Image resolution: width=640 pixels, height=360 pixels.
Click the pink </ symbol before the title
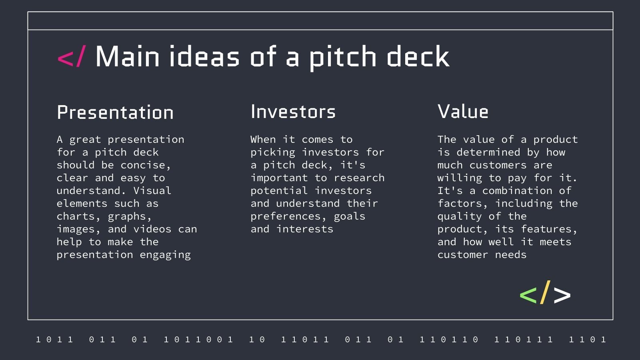pos(71,57)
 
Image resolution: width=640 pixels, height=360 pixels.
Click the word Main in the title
pos(128,57)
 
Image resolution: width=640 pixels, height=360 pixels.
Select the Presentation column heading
pos(115,112)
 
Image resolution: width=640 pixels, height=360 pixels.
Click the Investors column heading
pos(293,112)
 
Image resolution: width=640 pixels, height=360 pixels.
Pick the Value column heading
pos(463,112)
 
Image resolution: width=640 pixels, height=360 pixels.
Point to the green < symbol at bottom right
pos(528,295)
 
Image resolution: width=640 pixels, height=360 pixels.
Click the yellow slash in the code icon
pos(545,292)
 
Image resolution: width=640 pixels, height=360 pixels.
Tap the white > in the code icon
pos(562,295)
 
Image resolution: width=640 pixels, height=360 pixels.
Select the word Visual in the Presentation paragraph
pos(152,191)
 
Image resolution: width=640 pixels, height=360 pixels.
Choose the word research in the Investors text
pos(359,178)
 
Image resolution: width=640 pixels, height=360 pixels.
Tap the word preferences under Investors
pos(285,216)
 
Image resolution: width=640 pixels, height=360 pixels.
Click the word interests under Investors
pos(305,229)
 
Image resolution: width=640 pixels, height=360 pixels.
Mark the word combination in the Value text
pos(517,191)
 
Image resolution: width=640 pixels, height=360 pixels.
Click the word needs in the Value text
pos(511,255)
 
